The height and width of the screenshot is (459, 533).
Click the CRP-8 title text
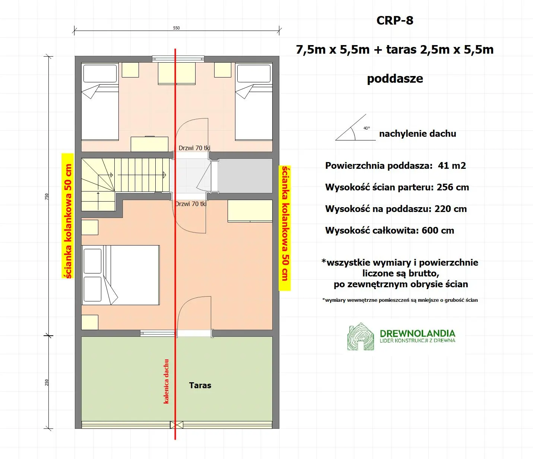tap(395, 20)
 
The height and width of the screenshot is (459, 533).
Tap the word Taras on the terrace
tap(200, 386)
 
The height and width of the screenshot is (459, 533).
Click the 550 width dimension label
tap(177, 28)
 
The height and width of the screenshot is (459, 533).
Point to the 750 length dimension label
tap(47, 196)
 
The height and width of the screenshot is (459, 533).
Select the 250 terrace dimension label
tap(47, 382)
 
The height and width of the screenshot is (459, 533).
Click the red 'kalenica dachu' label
tap(166, 381)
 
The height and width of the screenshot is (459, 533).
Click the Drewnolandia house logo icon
tap(360, 337)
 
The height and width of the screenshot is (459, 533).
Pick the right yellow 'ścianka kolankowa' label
tap(285, 228)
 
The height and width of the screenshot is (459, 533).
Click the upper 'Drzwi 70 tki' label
tap(194, 148)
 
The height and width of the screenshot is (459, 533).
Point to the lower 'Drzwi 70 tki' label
tap(191, 204)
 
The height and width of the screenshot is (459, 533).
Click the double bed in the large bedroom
tap(121, 275)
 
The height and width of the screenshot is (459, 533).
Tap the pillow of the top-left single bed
tap(100, 73)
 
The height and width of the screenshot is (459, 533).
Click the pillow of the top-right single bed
tap(254, 73)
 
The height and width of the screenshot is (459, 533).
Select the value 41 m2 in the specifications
tap(452, 166)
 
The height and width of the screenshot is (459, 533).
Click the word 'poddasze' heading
tap(395, 79)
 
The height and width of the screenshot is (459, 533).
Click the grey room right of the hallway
tap(245, 175)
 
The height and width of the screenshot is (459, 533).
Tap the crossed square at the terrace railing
tap(177, 424)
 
